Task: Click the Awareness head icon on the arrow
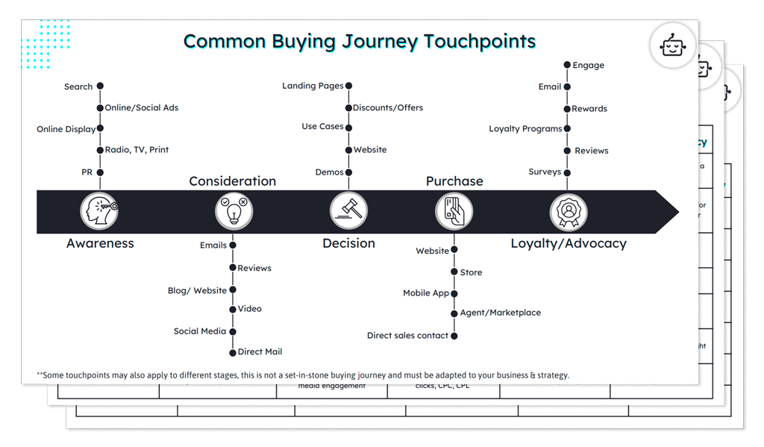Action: pyautogui.click(x=100, y=211)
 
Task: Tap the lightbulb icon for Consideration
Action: pyautogui.click(x=234, y=211)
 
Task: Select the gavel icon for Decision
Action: pyautogui.click(x=348, y=211)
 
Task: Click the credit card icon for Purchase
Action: pyautogui.click(x=454, y=211)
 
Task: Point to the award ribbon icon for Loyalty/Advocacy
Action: pyautogui.click(x=569, y=211)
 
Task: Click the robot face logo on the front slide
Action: pyautogui.click(x=673, y=46)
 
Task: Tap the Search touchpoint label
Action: pyautogui.click(x=78, y=87)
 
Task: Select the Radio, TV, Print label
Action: pyautogui.click(x=137, y=149)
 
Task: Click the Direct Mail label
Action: pyautogui.click(x=260, y=351)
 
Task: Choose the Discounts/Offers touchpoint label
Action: pyautogui.click(x=388, y=107)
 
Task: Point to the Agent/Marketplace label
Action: pyautogui.click(x=500, y=313)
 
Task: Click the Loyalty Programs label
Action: pyautogui.click(x=525, y=128)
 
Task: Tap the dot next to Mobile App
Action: pyautogui.click(x=454, y=293)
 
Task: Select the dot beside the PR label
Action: pyautogui.click(x=100, y=172)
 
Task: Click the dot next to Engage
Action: pyautogui.click(x=567, y=65)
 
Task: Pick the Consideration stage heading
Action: pyautogui.click(x=232, y=181)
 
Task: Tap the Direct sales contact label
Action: pyautogui.click(x=407, y=335)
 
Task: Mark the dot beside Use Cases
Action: pyautogui.click(x=348, y=127)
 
